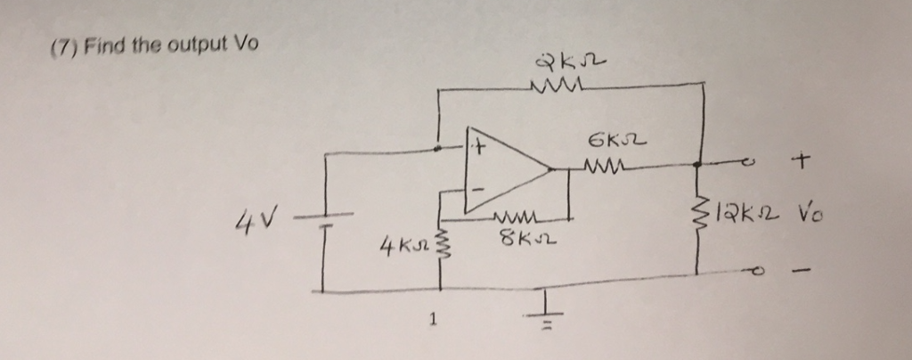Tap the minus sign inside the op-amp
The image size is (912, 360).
point(477,190)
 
